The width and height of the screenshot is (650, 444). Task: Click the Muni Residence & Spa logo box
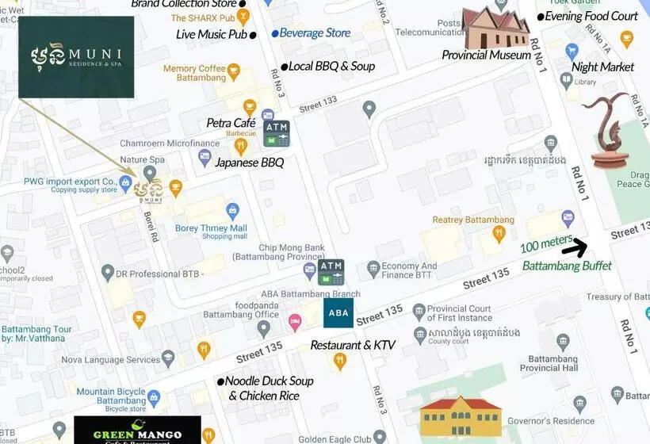(x=76, y=57)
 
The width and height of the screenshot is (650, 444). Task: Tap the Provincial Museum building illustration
(x=496, y=29)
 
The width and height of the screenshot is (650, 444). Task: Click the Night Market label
(x=602, y=67)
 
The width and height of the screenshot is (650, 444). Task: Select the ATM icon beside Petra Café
(x=277, y=134)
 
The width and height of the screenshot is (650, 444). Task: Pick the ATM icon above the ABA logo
(x=331, y=272)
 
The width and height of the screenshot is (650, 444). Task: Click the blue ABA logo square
(x=338, y=313)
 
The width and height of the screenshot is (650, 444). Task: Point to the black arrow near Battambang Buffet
(x=575, y=247)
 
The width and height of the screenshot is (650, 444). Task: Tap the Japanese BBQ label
(x=249, y=163)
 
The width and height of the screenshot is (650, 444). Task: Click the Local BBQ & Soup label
(x=331, y=67)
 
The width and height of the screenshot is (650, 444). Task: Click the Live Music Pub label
(x=211, y=34)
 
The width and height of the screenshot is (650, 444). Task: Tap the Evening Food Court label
(x=591, y=16)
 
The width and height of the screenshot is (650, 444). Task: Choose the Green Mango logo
(x=137, y=430)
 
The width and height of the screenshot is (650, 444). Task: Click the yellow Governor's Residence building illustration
(x=461, y=418)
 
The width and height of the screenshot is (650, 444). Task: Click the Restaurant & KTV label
(x=353, y=345)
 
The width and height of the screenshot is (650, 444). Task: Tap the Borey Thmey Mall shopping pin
(x=232, y=210)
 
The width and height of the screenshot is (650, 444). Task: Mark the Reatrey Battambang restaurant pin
(x=499, y=234)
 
